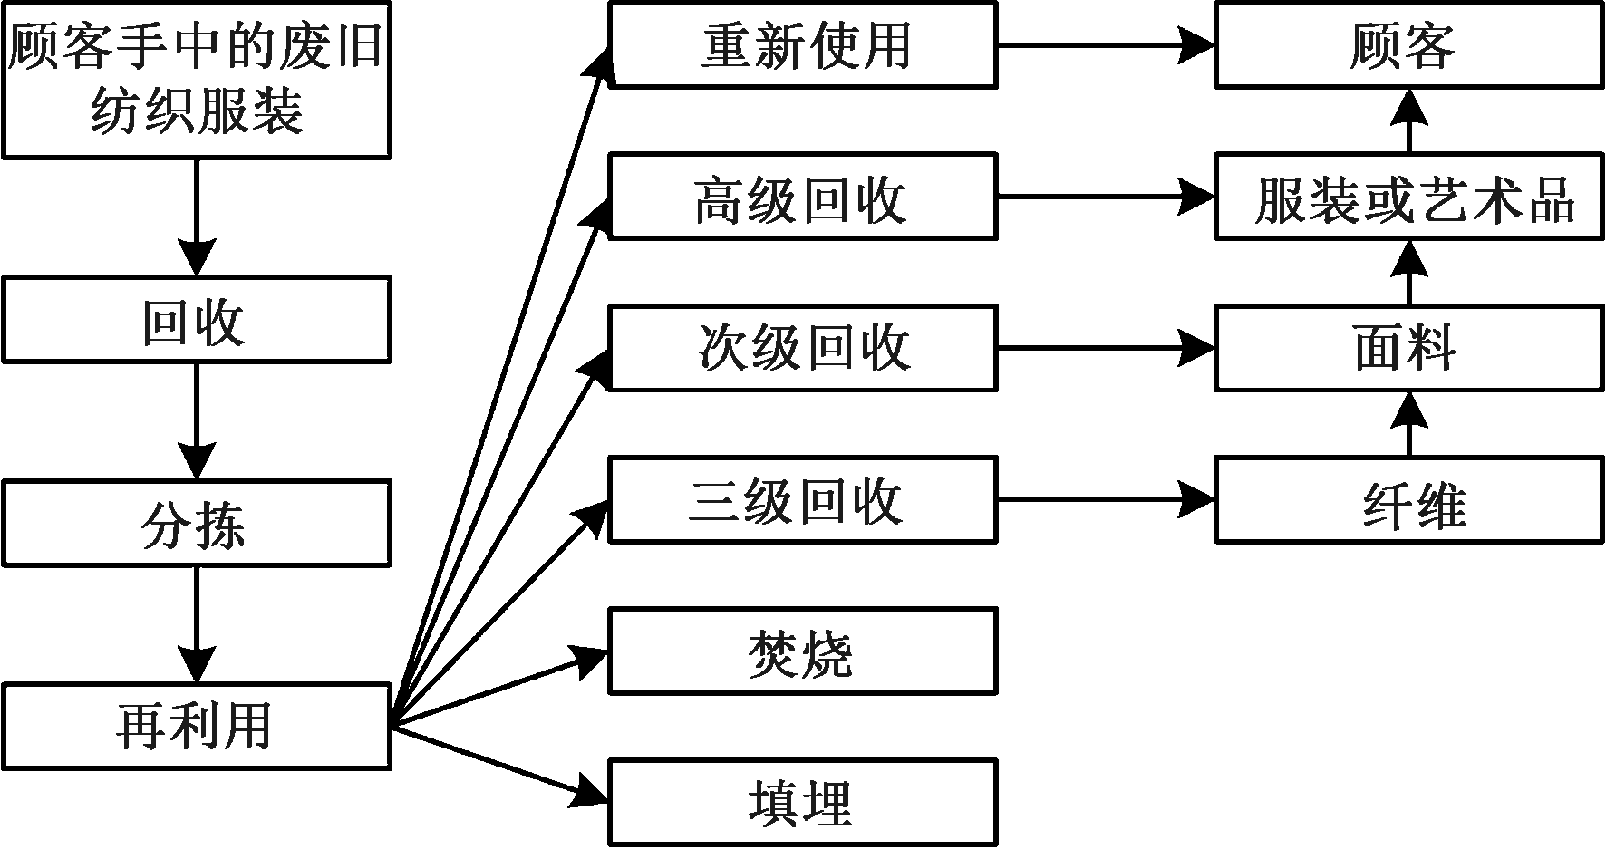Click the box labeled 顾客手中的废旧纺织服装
196,80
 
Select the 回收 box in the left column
196,321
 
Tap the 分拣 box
196,525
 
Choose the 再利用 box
196,728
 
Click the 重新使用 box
803,44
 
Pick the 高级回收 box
803,197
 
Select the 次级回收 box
803,348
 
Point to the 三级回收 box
803,500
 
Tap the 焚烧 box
803,651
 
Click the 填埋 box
803,803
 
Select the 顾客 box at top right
1409,44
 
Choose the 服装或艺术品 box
1409,197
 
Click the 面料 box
1409,348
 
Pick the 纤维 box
1409,500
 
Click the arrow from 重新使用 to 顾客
1106,44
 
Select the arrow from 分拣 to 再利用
196,625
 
